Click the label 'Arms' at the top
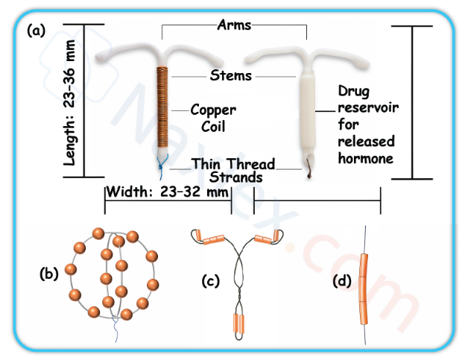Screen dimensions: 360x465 coord(234,25)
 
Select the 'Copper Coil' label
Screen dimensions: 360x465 coord(213,118)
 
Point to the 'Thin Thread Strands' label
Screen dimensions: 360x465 coord(234,171)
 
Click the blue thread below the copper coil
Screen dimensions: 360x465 coord(162,162)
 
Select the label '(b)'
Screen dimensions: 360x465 coord(48,273)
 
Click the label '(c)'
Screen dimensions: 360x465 coord(211,281)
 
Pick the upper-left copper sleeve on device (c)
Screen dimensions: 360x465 coord(213,239)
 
